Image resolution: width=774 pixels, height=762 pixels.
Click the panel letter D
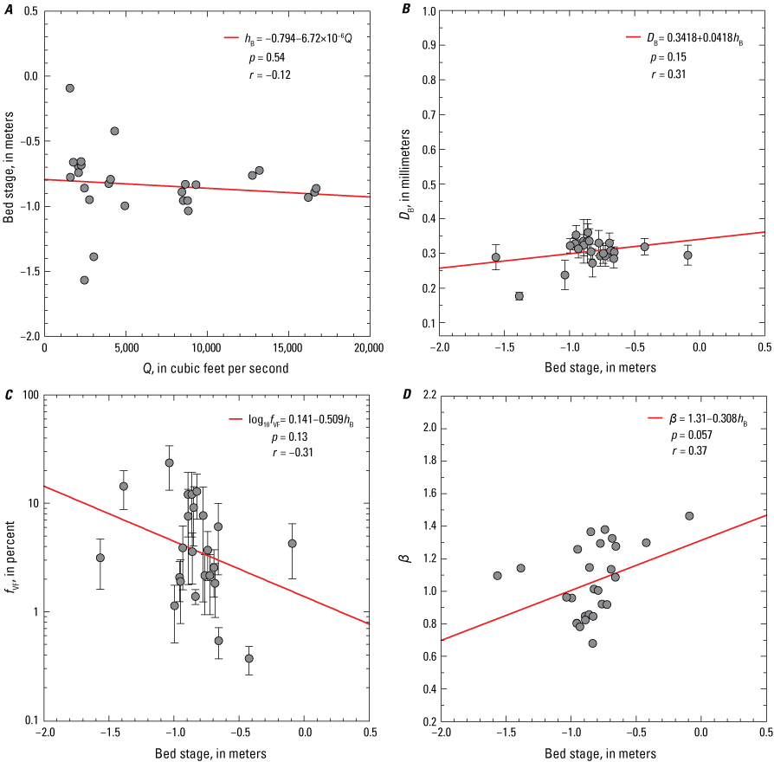click(407, 396)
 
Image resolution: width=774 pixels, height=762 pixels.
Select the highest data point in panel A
click(70, 88)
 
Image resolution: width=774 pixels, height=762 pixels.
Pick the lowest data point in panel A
click(84, 280)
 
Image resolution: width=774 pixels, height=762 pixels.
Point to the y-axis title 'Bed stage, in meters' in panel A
click(9, 173)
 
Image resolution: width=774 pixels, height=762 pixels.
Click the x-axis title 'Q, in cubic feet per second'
click(207, 367)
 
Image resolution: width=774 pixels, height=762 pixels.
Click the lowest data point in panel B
click(519, 296)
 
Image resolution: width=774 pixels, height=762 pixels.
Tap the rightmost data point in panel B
click(687, 255)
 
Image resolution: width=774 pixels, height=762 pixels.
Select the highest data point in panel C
click(170, 462)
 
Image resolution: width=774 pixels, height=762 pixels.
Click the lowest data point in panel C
click(249, 658)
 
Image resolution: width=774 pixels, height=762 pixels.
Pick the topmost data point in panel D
click(689, 516)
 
